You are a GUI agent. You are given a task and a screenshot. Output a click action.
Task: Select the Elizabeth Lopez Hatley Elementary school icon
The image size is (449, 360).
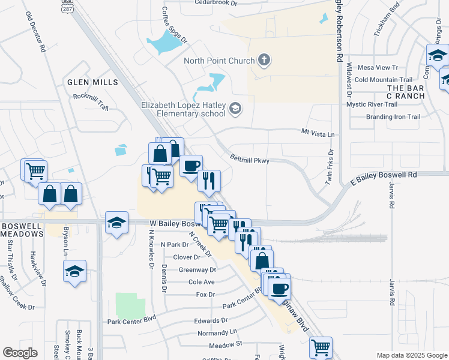pyautogui.click(x=235, y=108)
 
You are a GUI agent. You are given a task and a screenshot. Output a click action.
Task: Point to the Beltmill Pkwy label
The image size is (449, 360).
pyautogui.click(x=250, y=159)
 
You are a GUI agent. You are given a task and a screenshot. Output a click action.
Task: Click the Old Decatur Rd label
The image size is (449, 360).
pyautogui.click(x=36, y=33)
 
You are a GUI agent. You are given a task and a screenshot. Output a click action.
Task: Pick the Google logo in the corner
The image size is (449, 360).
pyautogui.click(x=20, y=353)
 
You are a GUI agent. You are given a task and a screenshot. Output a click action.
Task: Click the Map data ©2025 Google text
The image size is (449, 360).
pyautogui.click(x=411, y=355)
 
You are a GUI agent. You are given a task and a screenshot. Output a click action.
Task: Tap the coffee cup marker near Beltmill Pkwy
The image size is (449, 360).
pyautogui.click(x=191, y=166)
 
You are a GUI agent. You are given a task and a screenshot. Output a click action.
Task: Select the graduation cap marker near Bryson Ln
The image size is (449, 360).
pyautogui.click(x=75, y=271)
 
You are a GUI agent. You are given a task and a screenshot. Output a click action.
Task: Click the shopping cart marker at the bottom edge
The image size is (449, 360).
pyautogui.click(x=321, y=347)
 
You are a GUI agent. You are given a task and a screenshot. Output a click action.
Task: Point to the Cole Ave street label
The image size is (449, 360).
pyautogui.click(x=201, y=281)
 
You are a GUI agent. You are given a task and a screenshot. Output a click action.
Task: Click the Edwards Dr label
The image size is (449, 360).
pyautogui.click(x=211, y=321)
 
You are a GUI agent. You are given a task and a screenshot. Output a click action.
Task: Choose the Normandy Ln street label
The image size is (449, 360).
pyautogui.click(x=217, y=332)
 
